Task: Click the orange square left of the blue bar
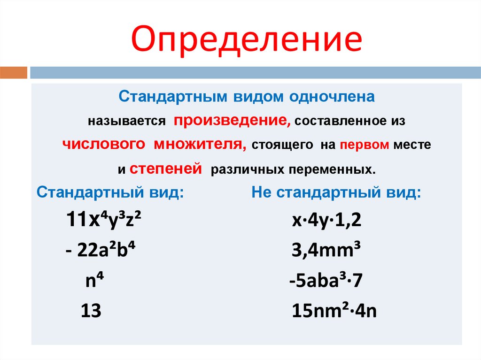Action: click(x=14, y=73)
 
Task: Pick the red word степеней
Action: click(x=165, y=168)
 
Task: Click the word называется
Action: click(x=126, y=121)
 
